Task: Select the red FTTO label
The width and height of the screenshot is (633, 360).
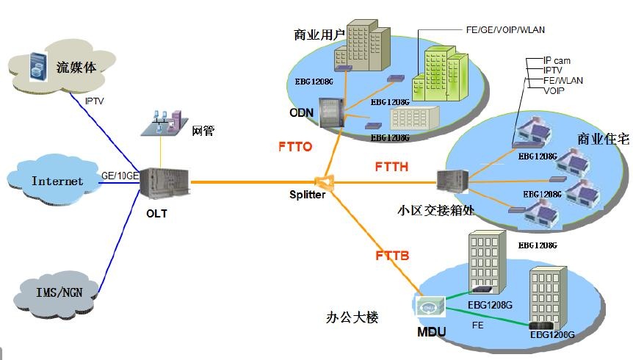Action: click(295, 147)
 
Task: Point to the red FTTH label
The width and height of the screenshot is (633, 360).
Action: click(391, 167)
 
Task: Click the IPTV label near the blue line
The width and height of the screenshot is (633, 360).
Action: click(95, 101)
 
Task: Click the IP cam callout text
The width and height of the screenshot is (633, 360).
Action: click(557, 60)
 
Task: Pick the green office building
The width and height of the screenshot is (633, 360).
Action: click(439, 71)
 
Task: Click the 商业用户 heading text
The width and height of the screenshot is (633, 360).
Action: click(317, 35)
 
